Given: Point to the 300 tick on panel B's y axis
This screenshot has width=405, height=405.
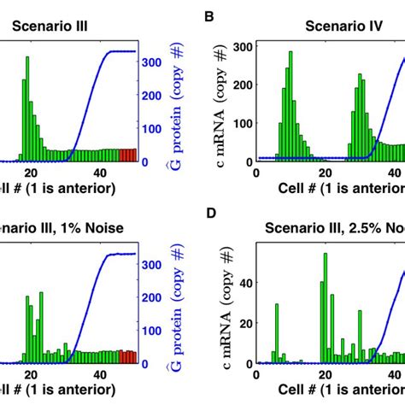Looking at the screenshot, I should [240, 45].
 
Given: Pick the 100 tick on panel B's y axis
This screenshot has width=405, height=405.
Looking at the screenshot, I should [240, 122].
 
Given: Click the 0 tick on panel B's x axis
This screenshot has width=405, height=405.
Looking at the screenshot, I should [256, 171].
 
